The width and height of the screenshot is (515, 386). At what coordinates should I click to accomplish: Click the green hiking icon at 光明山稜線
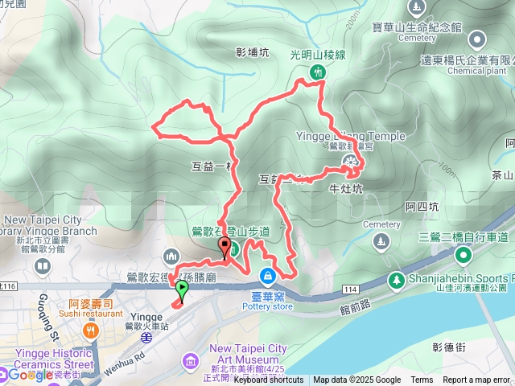(317, 72)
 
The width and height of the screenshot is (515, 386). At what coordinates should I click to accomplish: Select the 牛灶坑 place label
(347, 189)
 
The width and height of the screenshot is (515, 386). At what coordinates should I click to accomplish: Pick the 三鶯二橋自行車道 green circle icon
(463, 256)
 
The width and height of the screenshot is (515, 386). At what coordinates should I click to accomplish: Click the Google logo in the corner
(31, 374)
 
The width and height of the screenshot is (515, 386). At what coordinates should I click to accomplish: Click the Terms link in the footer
(422, 380)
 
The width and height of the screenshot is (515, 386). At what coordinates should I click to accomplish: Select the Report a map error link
(477, 380)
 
